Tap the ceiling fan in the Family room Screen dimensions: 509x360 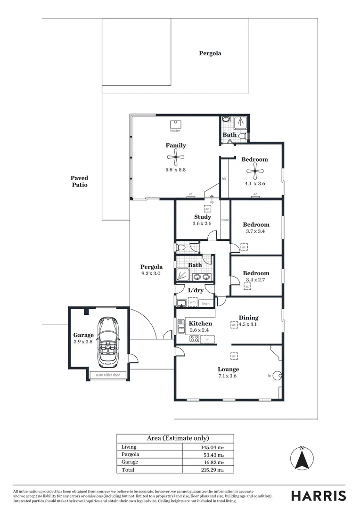tap(175, 158)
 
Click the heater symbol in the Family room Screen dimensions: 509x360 tap(175, 124)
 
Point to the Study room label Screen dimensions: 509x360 tap(202, 217)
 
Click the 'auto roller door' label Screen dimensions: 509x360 tap(108, 376)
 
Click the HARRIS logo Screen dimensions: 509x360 tap(318, 495)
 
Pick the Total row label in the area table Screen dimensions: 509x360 tap(128, 470)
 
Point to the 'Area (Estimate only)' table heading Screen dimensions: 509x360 tap(175, 438)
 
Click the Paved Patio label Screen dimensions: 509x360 tap(79, 181)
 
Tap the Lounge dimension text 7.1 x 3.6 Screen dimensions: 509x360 tap(228, 377)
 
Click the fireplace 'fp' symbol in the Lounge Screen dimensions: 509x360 tap(277, 376)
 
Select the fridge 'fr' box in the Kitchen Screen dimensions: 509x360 tap(207, 339)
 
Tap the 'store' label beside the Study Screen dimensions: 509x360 tap(225, 220)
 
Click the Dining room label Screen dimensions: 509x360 tap(248, 318)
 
